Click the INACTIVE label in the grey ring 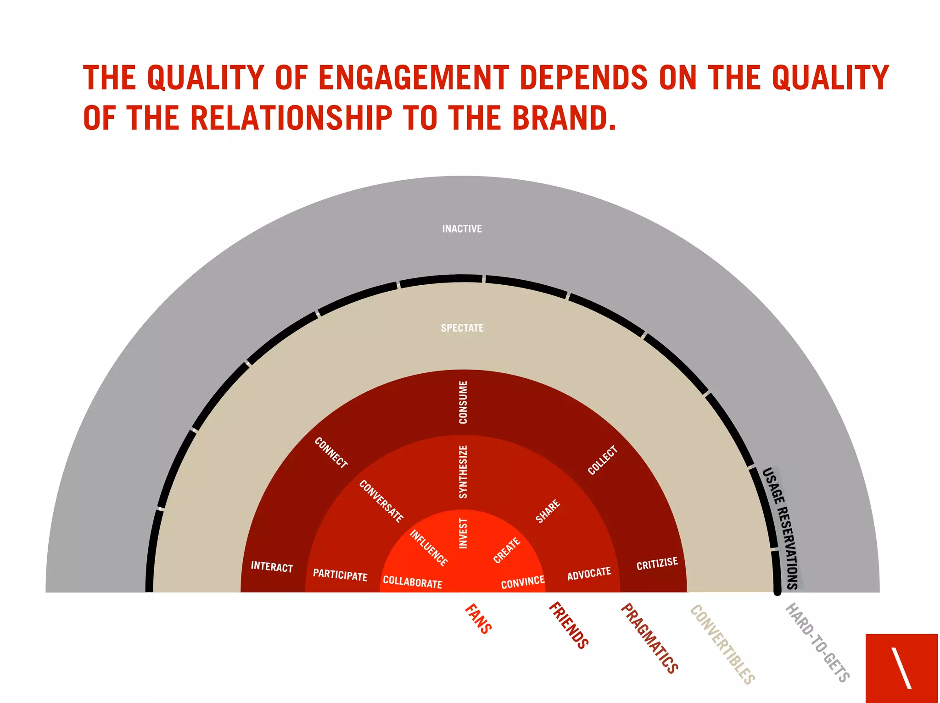click(x=462, y=228)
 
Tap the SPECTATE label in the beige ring click(x=462, y=328)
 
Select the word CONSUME click(x=463, y=402)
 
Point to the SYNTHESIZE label click(x=463, y=471)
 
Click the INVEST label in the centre click(x=463, y=533)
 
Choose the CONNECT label click(x=331, y=453)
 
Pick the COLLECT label click(x=603, y=460)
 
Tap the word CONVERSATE click(x=381, y=501)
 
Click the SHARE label click(x=548, y=511)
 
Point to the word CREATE click(x=507, y=550)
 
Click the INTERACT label click(x=272, y=567)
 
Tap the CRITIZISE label click(x=657, y=564)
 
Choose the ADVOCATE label click(x=589, y=574)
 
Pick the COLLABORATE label click(x=412, y=582)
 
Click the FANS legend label click(x=478, y=619)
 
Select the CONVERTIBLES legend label click(x=722, y=644)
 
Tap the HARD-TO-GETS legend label click(x=817, y=642)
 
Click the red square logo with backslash click(x=901, y=668)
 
